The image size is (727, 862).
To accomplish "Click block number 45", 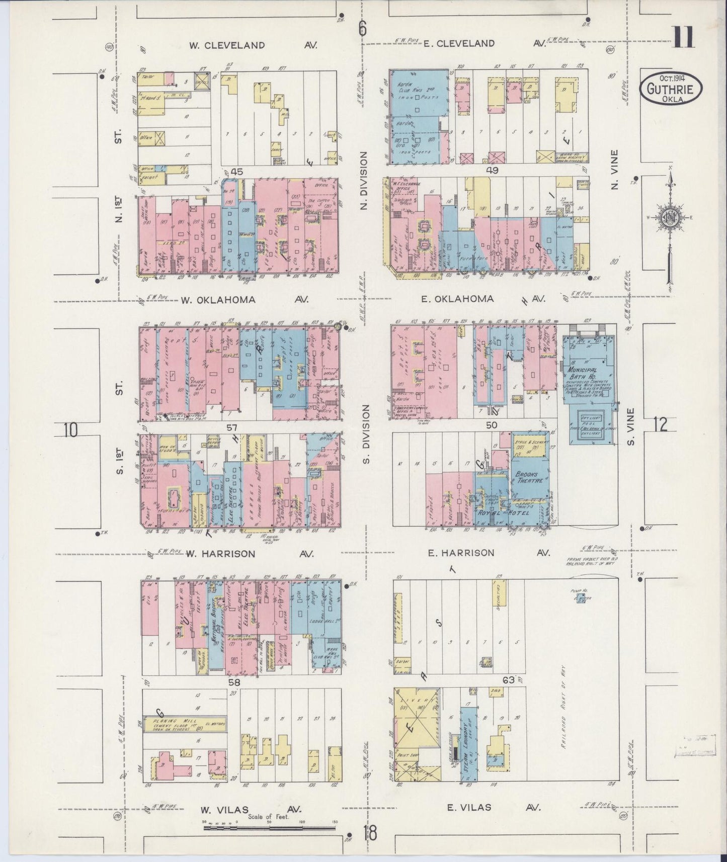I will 236,172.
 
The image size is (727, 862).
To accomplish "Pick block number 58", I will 233,682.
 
